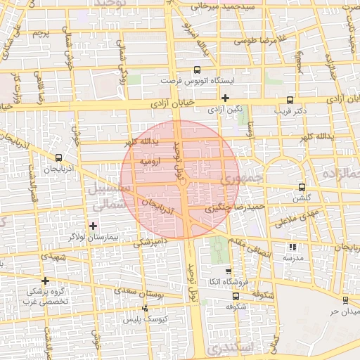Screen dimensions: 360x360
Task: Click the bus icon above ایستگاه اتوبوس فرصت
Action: (197, 70)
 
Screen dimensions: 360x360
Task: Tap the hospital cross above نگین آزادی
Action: (225, 98)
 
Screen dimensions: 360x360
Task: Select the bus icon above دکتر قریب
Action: (290, 100)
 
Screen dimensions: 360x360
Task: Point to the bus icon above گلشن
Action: (302, 188)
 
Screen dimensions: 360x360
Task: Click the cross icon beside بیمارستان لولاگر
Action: (93, 226)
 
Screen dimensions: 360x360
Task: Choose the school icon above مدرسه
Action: (292, 247)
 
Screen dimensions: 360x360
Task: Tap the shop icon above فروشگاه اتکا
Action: (228, 271)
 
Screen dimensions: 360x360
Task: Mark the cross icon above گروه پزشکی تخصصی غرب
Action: (46, 280)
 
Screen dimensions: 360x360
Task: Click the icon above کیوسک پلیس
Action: (146, 308)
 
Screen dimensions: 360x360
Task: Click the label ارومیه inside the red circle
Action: (150, 161)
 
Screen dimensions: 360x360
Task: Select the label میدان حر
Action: (345, 310)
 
